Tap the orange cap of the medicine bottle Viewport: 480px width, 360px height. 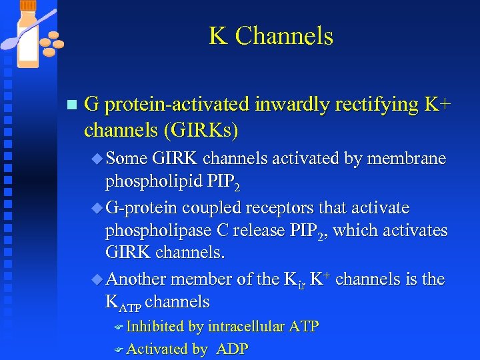point(28,5)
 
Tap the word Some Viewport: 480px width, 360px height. point(127,159)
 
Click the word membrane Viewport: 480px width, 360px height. point(406,159)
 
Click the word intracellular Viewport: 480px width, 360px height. point(247,327)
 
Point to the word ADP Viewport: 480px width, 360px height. point(232,349)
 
